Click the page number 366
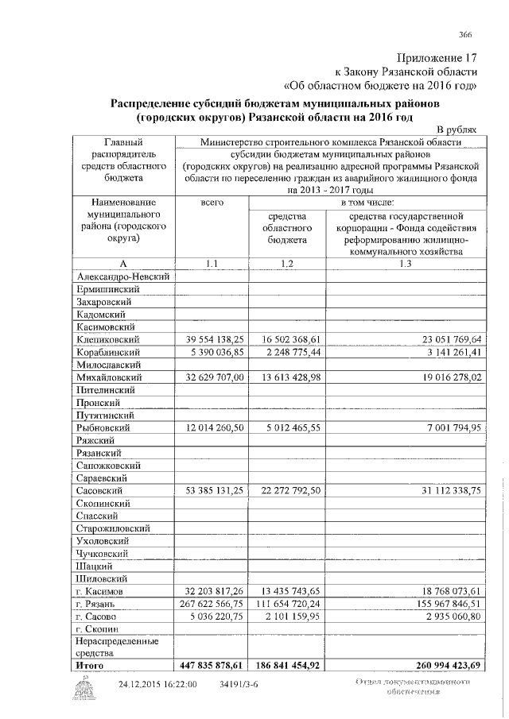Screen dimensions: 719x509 465,33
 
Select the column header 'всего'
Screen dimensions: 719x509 211,203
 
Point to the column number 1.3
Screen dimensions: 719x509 406,262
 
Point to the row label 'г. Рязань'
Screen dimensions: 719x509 96,605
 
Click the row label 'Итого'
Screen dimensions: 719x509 89,664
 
